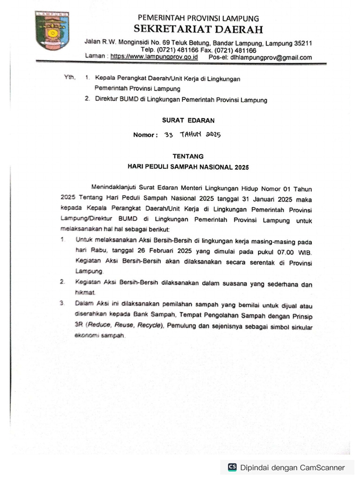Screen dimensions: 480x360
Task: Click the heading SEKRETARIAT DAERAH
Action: tap(198, 29)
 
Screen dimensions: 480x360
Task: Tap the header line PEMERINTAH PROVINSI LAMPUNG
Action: tap(198, 18)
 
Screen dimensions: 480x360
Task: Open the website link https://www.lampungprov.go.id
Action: tap(154, 57)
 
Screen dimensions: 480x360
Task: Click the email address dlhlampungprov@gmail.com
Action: tap(271, 58)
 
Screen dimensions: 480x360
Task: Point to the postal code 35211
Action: tap(303, 43)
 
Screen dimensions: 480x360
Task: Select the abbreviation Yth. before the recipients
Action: tap(69, 77)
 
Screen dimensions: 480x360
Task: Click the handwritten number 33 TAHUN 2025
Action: tap(192, 135)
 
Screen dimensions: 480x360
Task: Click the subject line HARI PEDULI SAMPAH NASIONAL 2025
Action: tap(188, 167)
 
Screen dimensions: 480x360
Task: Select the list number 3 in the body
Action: tap(62, 303)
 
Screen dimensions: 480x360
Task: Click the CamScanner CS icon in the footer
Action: tap(232, 467)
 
